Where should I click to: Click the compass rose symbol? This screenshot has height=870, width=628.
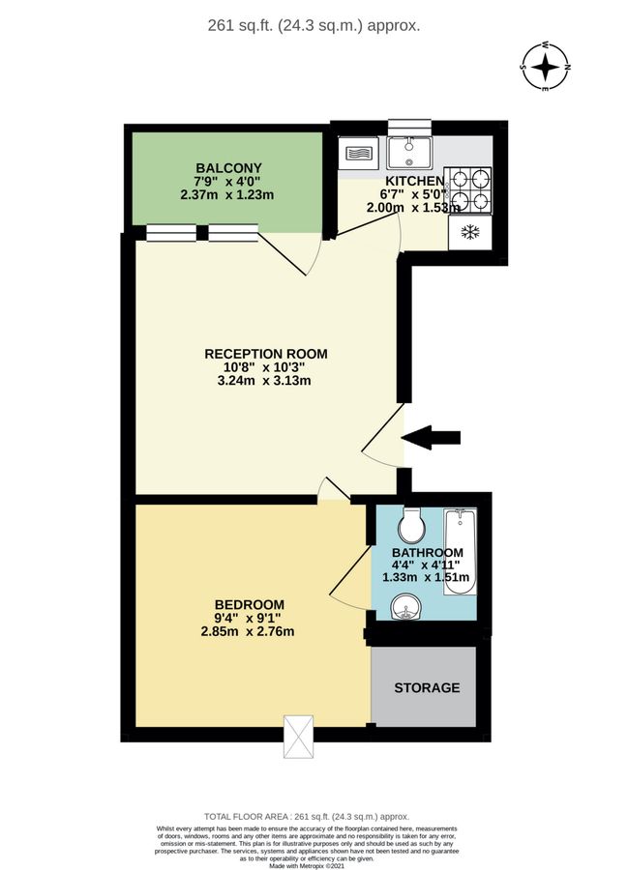coord(548,67)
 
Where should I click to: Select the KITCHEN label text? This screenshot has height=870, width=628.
coord(415,181)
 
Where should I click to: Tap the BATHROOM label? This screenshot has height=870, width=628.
coord(421,552)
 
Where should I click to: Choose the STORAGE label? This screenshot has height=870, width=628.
coord(426,688)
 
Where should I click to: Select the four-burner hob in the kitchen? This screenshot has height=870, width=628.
coord(469,189)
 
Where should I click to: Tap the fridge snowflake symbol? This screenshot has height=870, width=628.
coord(470,232)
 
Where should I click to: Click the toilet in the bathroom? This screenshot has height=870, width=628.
coord(412,526)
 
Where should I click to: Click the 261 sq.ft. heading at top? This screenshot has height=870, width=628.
coord(314,26)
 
